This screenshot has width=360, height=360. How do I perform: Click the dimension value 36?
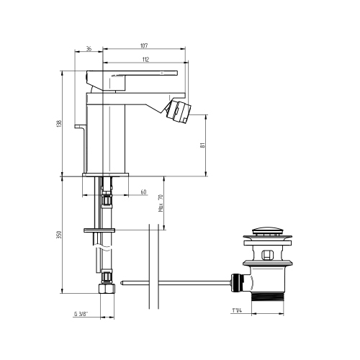89,49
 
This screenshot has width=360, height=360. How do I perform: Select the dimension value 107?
144,45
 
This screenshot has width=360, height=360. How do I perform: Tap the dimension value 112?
145,59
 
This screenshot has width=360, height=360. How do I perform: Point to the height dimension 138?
59,124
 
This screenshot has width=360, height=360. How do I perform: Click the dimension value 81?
202,145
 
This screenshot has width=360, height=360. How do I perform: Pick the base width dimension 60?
143,192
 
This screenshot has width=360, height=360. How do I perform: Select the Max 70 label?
161,203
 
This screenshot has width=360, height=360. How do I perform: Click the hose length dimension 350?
59,235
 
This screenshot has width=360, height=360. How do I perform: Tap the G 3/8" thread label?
81,314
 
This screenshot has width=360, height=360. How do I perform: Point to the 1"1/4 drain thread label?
237,310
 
